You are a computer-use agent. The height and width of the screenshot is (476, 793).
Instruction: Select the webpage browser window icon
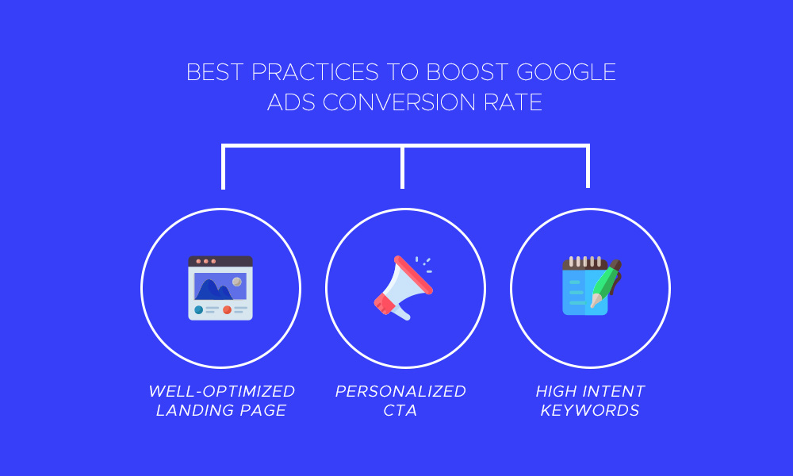pos(220,288)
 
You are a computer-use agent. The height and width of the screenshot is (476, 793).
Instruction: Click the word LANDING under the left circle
pos(189,410)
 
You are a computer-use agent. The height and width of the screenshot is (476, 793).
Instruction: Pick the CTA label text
pos(400,410)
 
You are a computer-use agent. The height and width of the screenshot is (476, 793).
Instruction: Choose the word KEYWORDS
pos(590,410)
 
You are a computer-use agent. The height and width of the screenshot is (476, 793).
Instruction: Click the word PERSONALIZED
pos(400,391)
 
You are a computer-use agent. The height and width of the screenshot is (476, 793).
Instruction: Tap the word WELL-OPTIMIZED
pos(221,391)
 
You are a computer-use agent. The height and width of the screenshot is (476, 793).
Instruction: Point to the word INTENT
pos(611,391)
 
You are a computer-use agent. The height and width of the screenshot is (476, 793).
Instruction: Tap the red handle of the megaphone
pos(384,302)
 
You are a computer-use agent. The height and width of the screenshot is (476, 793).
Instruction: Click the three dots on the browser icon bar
pos(205,261)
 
